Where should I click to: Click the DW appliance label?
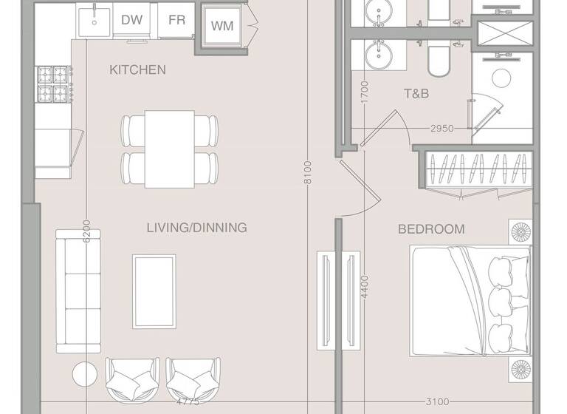(132, 20)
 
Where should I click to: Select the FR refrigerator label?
(176, 20)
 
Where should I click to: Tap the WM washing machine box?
(222, 27)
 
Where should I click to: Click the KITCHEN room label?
(137, 70)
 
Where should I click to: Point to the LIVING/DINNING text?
(196, 228)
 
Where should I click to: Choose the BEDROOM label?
(431, 229)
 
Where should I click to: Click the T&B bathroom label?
(416, 94)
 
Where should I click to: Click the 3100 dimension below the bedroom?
(438, 403)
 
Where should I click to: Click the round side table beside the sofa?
(84, 373)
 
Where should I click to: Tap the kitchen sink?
(93, 22)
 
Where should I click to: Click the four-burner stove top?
(53, 84)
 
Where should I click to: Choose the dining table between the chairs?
(169, 149)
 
